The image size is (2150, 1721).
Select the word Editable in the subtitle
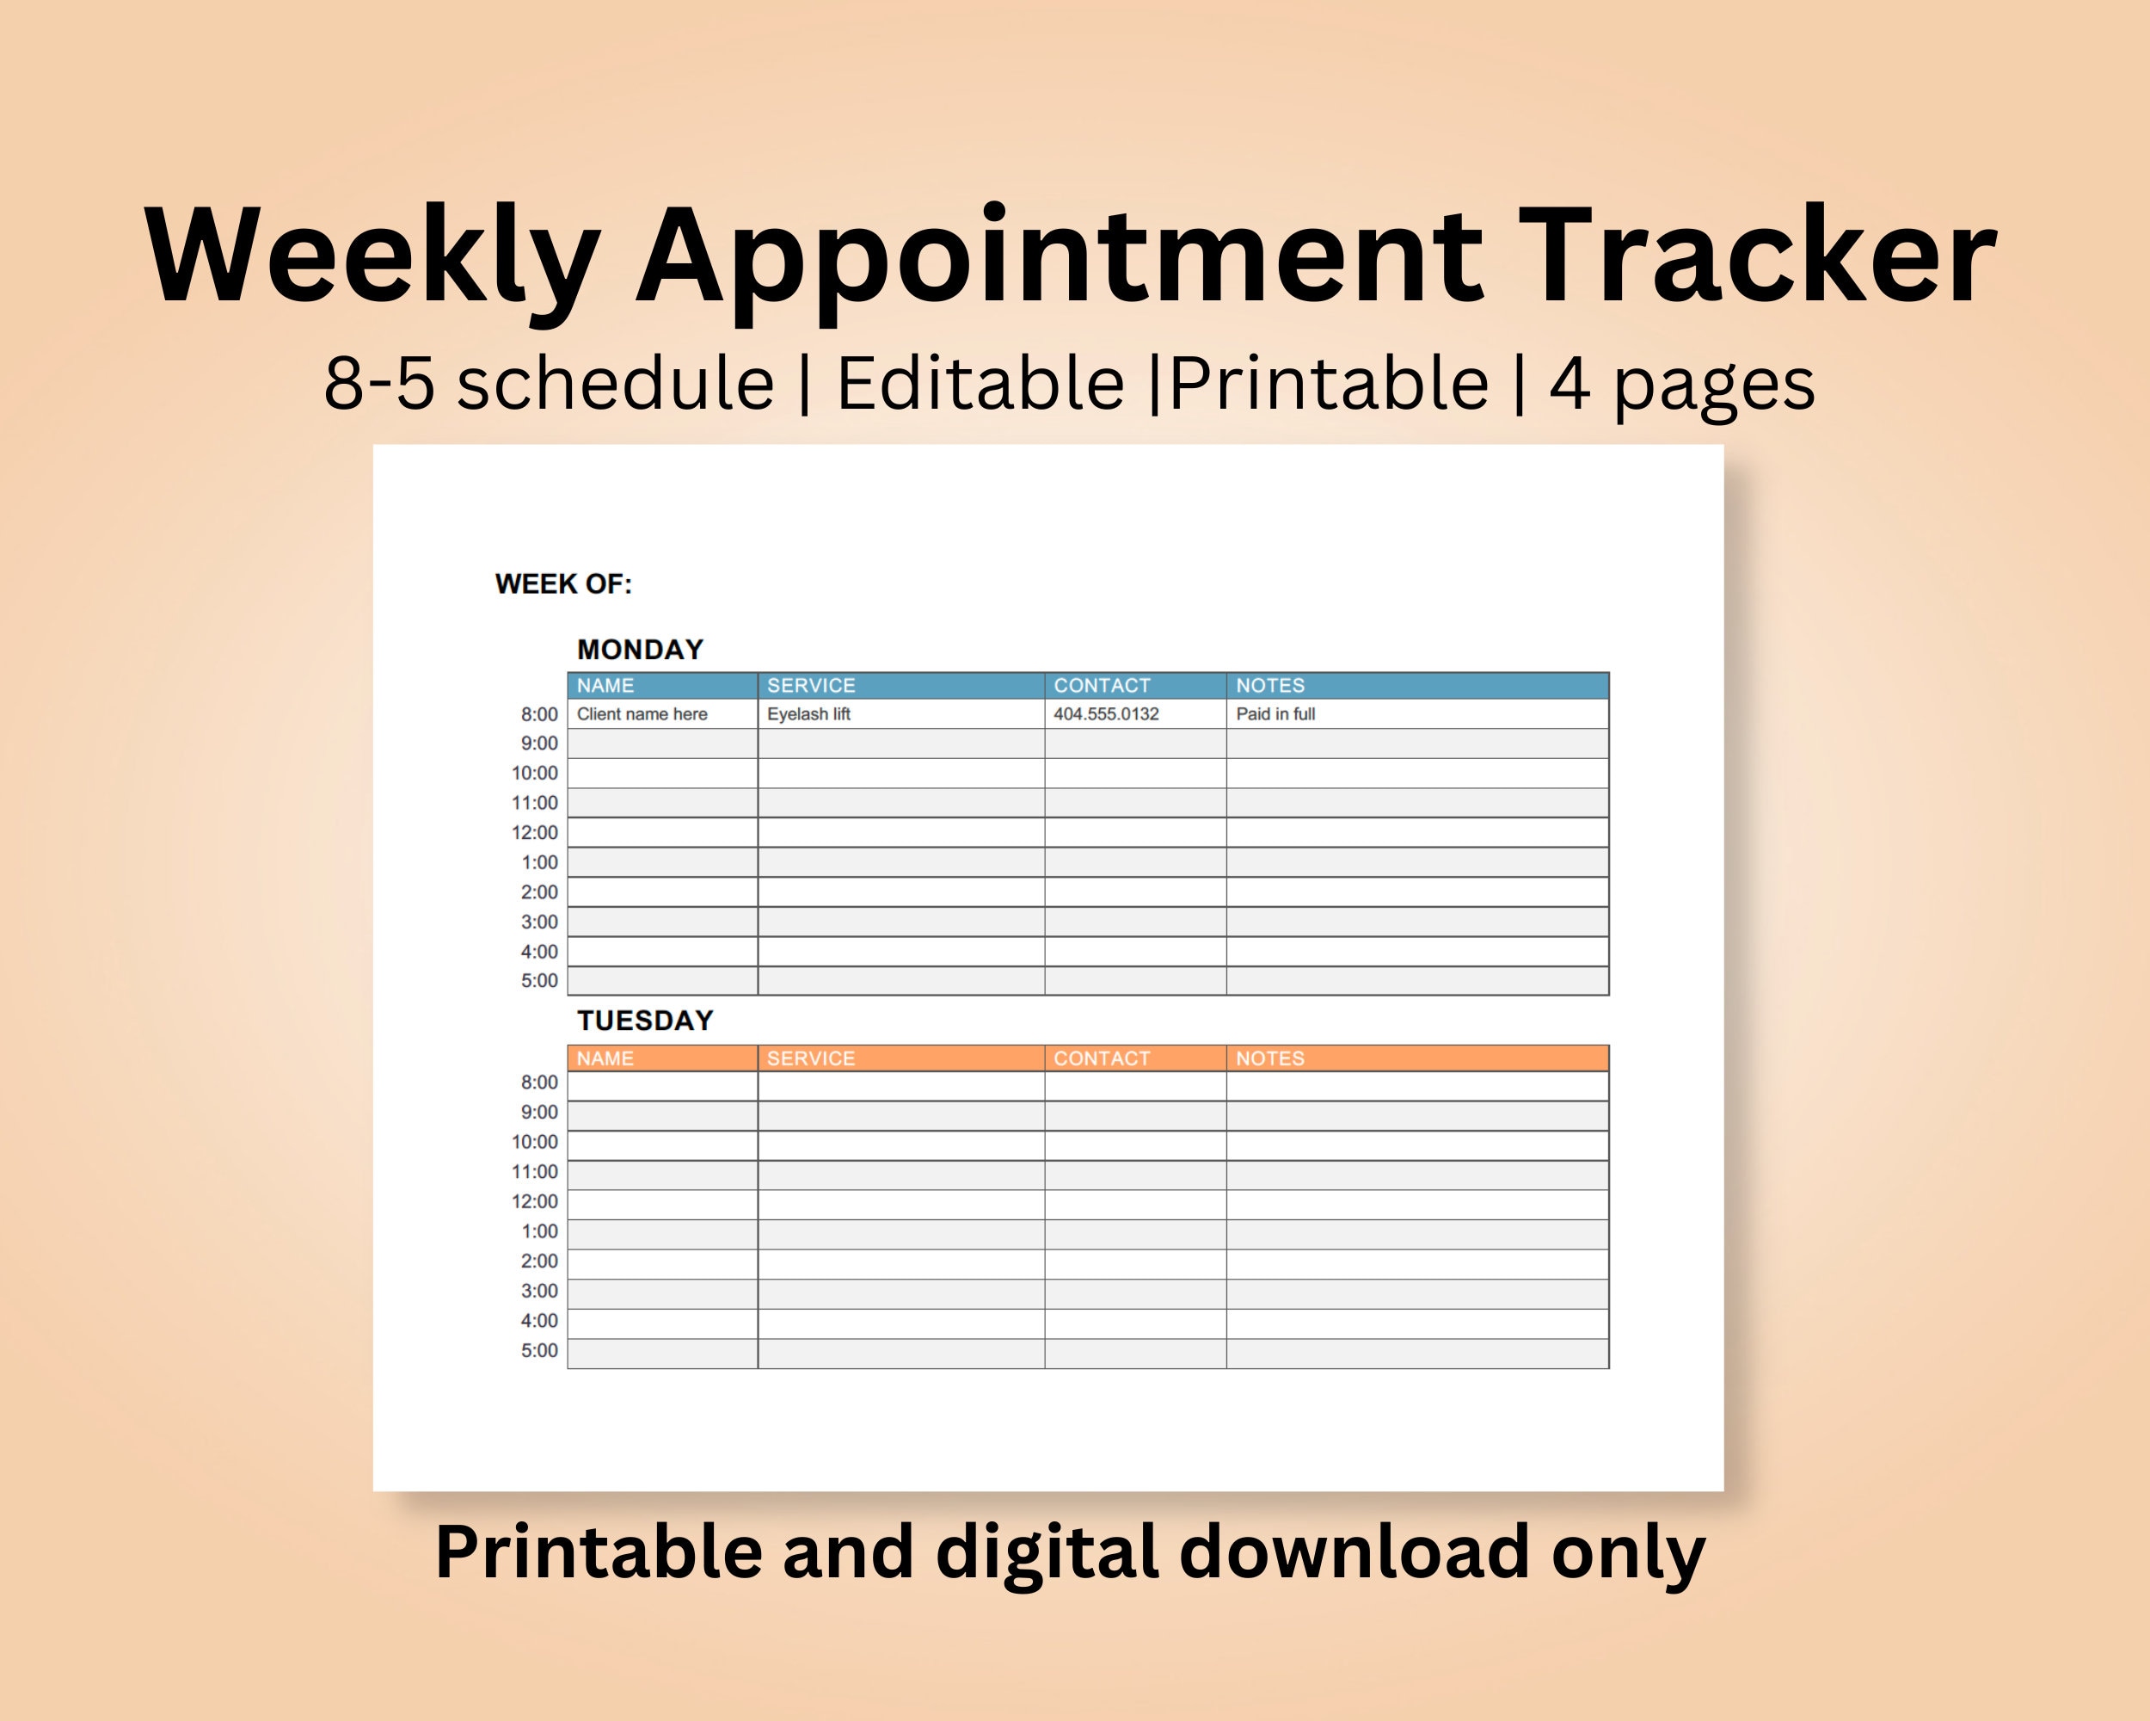pos(980,384)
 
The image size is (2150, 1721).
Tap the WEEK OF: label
pos(563,583)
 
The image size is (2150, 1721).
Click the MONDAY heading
pos(640,650)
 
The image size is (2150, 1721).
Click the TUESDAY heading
pos(645,1021)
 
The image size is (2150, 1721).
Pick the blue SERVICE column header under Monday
pos(811,686)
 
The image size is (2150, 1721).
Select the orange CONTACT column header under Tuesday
pos(1102,1058)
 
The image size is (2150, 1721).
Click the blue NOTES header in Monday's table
pos(1269,686)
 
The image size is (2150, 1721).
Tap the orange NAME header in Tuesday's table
pos(605,1058)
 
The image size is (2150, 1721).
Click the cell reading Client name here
pos(642,714)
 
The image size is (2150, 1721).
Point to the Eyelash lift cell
pos(808,714)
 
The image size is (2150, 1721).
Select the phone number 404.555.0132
pos(1106,714)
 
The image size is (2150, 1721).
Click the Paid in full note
pos(1275,714)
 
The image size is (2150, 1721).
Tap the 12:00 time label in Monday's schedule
pos(535,832)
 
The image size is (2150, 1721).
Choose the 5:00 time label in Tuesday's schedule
pos(539,1351)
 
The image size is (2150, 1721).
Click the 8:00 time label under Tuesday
pos(539,1083)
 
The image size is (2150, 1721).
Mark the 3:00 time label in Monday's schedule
pos(539,922)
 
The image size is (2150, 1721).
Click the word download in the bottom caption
pos(1354,1553)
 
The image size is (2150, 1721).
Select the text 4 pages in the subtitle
pos(1681,384)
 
